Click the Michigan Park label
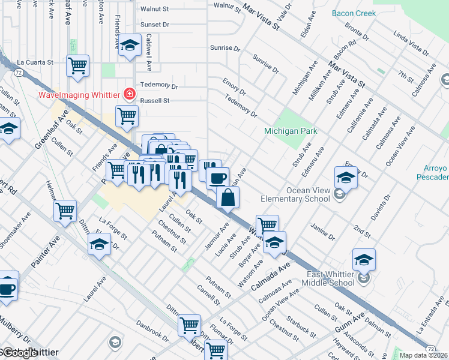click(x=291, y=131)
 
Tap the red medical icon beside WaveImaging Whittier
click(x=128, y=94)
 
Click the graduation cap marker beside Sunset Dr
click(x=130, y=46)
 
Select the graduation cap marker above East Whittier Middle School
click(x=364, y=259)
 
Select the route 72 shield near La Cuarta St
click(x=19, y=72)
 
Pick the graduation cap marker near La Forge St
click(x=100, y=244)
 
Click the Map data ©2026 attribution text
click(x=423, y=355)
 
